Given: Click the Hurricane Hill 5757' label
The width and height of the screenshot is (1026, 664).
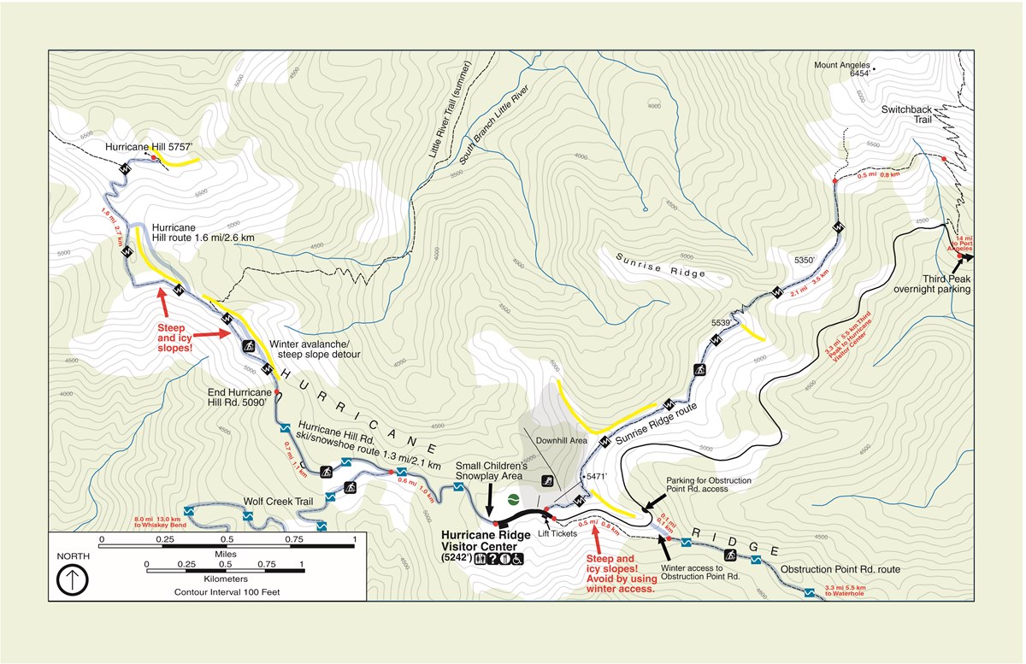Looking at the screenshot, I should point(146,147).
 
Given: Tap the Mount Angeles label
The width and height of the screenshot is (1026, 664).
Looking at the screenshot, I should point(842,66).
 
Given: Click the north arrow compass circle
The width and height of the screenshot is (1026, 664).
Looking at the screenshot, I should point(73,580).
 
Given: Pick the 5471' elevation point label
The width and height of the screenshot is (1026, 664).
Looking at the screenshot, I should point(596,475).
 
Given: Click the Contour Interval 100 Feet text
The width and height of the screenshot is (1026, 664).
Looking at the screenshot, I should point(226,591).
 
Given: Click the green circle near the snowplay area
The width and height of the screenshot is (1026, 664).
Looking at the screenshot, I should point(514,499).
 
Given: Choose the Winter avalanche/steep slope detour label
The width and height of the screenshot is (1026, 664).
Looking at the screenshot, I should point(315,349).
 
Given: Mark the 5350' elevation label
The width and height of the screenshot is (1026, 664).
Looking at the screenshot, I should point(806,258).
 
